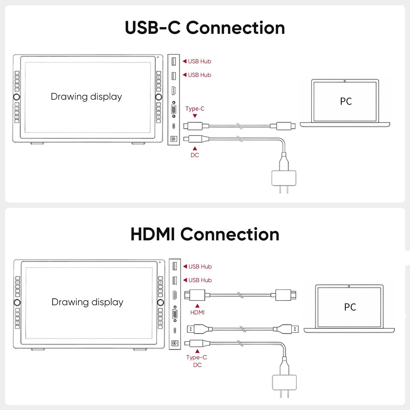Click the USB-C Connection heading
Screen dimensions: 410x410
[205, 28]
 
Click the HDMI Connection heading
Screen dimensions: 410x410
[205, 234]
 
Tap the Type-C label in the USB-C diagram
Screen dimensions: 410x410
[195, 109]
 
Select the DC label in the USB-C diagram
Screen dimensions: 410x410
[195, 155]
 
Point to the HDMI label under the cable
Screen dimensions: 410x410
[197, 312]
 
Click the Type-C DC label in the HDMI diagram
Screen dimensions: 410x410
[197, 361]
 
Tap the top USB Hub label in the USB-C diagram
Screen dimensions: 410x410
[199, 62]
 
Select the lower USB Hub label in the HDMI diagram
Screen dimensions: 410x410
[200, 280]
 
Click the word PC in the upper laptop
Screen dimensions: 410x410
[346, 101]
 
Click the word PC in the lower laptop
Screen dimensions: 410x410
[350, 307]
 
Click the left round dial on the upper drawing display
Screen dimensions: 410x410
[16, 97]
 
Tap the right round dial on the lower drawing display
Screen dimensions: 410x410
[161, 302]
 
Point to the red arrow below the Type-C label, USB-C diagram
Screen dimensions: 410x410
[195, 116]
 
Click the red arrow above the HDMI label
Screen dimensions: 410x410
[197, 306]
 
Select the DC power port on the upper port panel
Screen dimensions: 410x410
[174, 139]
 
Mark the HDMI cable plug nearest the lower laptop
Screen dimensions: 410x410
[286, 295]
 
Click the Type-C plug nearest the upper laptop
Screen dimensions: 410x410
[286, 126]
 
